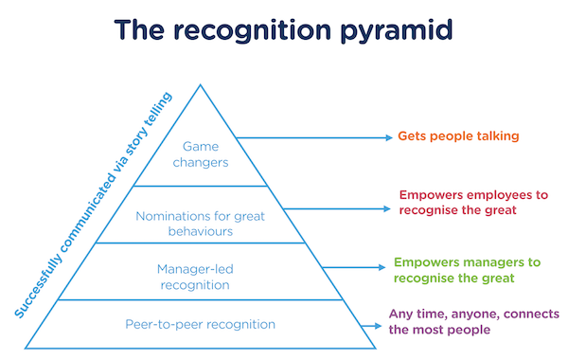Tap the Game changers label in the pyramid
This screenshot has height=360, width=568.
click(199, 154)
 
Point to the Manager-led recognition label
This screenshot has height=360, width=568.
click(199, 277)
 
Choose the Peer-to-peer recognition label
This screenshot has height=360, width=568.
click(200, 324)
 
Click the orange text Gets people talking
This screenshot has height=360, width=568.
click(458, 136)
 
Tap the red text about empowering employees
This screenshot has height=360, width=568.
click(474, 202)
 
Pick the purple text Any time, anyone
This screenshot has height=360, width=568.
click(473, 321)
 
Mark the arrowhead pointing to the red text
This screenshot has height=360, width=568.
click(388, 207)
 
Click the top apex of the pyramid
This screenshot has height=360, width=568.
click(200, 85)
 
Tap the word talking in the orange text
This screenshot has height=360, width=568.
click(495, 136)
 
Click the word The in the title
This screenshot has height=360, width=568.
click(142, 31)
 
